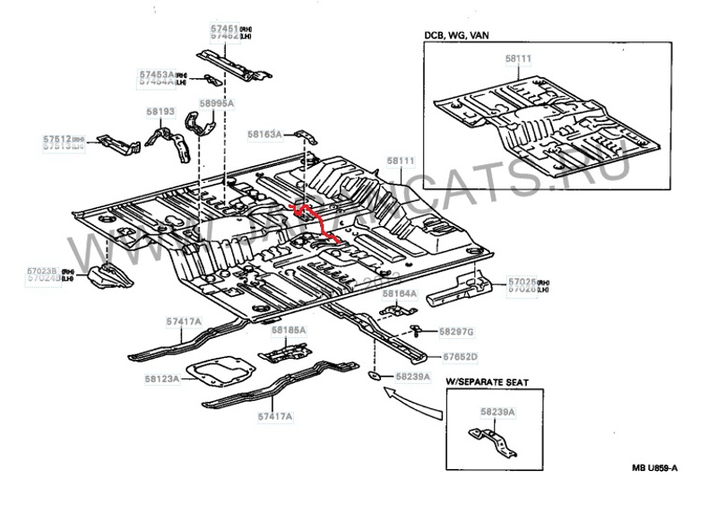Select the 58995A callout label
click(x=216, y=104)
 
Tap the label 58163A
click(x=265, y=134)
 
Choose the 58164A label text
click(x=400, y=293)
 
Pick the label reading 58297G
click(x=457, y=333)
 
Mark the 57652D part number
click(x=458, y=356)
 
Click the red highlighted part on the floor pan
click(x=315, y=223)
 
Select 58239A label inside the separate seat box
click(x=497, y=411)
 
